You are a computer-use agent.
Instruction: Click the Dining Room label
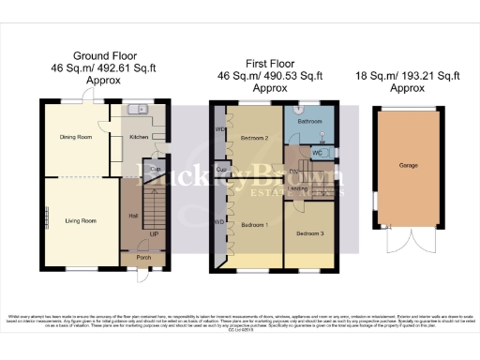pos(77,137)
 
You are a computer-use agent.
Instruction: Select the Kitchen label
pos(139,137)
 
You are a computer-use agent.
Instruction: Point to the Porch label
pos(144,257)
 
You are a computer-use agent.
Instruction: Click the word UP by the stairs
pos(154,232)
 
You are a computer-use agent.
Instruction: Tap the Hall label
pos(132,215)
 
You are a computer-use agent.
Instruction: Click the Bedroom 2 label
pos(254,138)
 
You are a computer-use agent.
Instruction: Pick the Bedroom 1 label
pos(254,225)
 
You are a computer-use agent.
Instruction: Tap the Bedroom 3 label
pos(309,232)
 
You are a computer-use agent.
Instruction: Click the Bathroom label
pos(310,121)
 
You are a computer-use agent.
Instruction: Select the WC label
pos(318,153)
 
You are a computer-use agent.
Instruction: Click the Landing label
pos(299,188)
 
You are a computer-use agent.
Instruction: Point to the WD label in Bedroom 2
pos(219,128)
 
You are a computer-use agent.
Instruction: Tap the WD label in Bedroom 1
pos(219,222)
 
